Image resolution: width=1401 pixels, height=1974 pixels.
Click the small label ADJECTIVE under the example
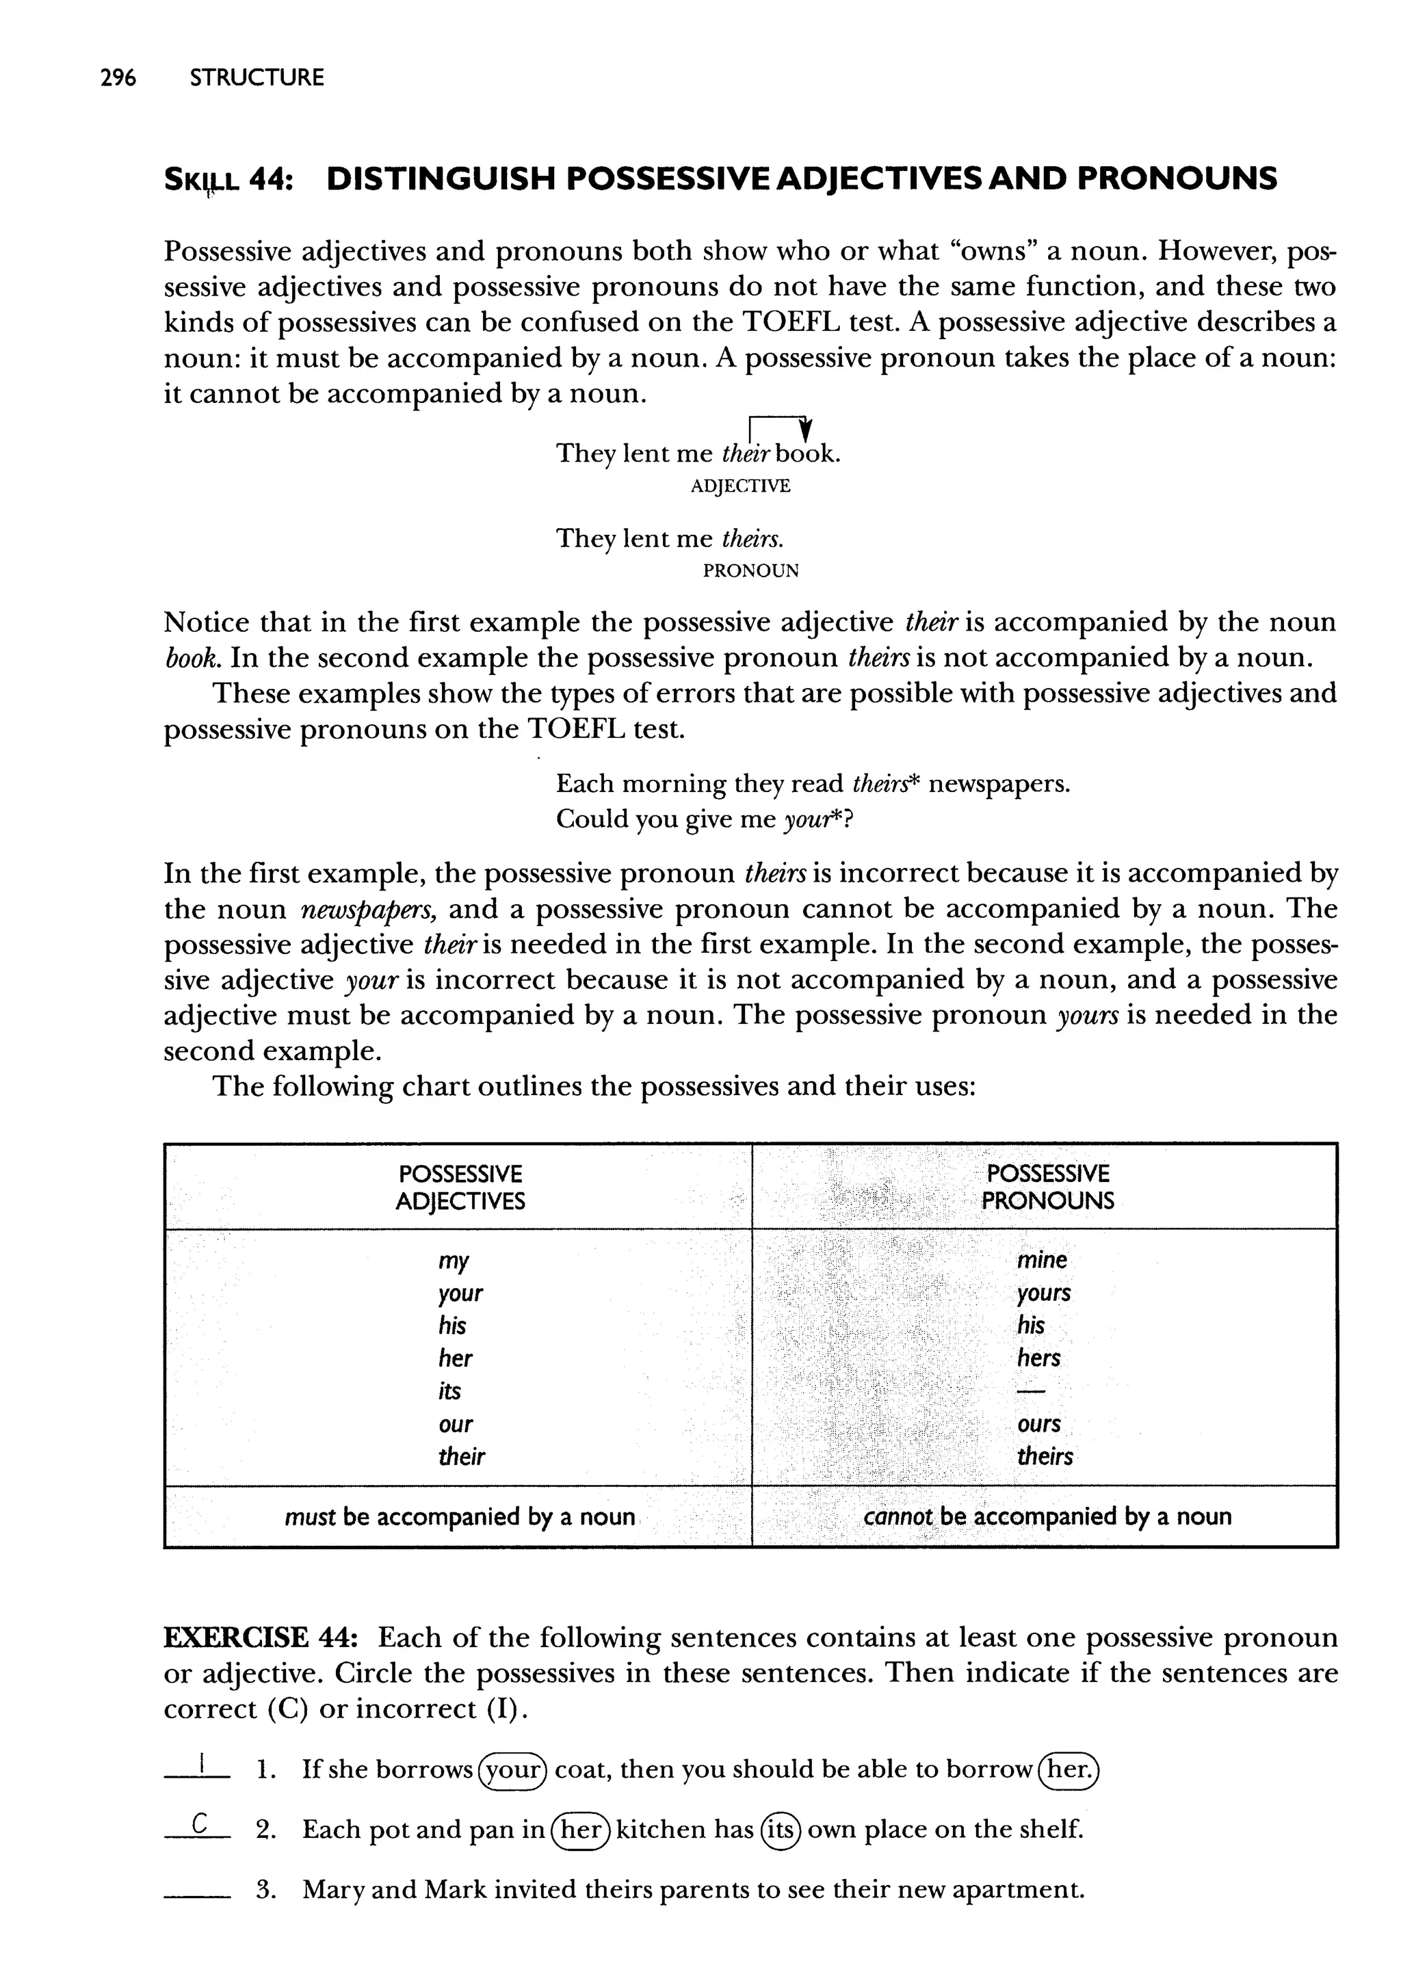[740, 486]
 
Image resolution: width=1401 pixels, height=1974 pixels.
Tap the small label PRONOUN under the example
[750, 571]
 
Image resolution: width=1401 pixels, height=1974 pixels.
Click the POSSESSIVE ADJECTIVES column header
[460, 1187]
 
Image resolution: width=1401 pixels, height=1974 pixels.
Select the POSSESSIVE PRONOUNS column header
[1047, 1187]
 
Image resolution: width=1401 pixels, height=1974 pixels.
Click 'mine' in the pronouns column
[1041, 1260]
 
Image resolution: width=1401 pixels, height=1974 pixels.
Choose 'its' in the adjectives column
[449, 1391]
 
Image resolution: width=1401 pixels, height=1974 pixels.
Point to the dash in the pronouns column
[1031, 1391]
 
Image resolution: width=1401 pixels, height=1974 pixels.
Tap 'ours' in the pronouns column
[1038, 1424]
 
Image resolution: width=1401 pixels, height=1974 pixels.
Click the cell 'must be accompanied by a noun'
[460, 1516]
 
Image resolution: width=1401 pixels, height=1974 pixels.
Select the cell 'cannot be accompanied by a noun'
[1047, 1516]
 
